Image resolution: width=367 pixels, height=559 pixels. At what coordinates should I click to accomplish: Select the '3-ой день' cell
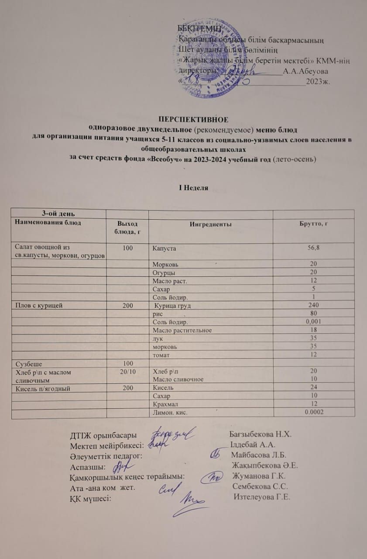click(57, 214)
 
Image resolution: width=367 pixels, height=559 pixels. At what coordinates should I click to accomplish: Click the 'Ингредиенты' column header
click(210, 224)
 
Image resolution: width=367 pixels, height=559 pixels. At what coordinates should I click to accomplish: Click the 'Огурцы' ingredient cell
click(162, 272)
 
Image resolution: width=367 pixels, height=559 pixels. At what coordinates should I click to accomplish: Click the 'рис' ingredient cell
click(158, 314)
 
